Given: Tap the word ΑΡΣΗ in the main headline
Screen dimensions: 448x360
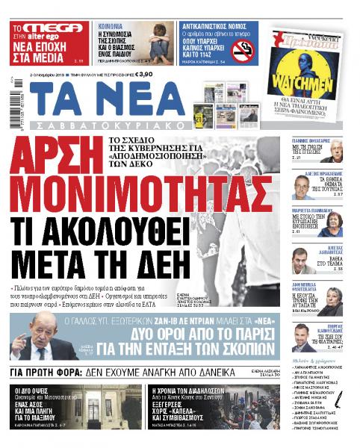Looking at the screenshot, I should click(62, 158).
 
